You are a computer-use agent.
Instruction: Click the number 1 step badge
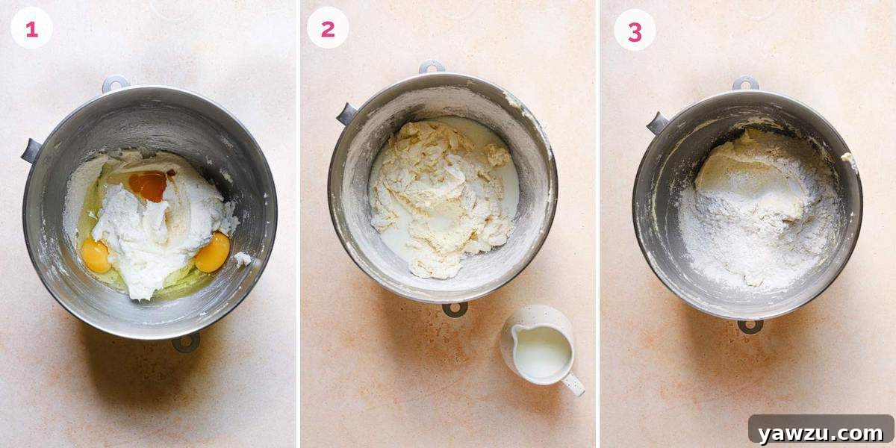click(31, 28)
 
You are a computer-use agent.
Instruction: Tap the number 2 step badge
click(328, 28)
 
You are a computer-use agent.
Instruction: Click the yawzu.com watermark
click(820, 432)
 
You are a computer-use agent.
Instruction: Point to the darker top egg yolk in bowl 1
click(148, 185)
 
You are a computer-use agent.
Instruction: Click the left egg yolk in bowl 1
click(96, 255)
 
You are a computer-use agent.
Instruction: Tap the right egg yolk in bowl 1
click(212, 252)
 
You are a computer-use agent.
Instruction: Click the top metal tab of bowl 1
click(116, 84)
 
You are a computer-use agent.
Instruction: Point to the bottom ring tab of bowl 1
click(186, 342)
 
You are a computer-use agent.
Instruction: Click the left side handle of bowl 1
click(31, 151)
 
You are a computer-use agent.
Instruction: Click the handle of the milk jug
click(573, 385)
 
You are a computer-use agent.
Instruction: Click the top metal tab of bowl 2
click(432, 67)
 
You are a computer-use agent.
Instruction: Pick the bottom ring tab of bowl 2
click(454, 308)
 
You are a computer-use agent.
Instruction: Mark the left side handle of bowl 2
click(346, 114)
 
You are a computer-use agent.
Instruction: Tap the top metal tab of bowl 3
click(745, 83)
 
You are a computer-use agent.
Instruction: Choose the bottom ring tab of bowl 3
click(750, 326)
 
